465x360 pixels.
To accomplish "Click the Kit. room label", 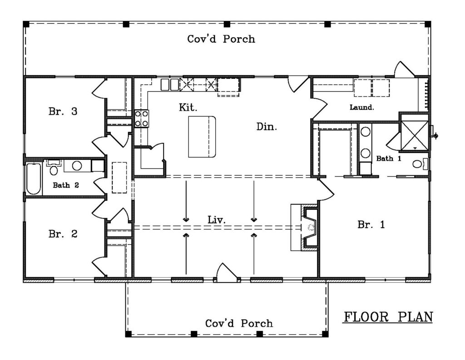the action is pos(188,107).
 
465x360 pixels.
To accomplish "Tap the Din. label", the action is pos(267,127).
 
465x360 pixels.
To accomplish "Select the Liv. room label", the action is pos(217,220).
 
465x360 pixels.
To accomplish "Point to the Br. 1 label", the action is pos(371,224).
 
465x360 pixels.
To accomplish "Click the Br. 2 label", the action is pos(63,234).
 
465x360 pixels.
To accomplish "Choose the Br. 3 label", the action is pos(63,112).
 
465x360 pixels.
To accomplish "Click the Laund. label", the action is pos(361,107).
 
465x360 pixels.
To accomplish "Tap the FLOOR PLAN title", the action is pos(388,317).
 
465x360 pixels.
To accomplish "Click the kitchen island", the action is pos(202,137).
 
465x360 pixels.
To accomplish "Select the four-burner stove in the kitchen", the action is pos(142,119).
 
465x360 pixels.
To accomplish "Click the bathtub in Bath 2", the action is pos(34,179).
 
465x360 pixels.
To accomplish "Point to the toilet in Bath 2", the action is pos(54,168).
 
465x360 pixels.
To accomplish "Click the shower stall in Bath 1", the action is pos(414,136).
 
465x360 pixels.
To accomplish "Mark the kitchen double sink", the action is pos(170,85).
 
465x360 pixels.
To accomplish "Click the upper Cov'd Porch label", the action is pos(221,39).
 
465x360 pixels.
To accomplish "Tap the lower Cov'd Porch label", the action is pos(239,324).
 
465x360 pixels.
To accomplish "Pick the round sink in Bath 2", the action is pos(77,166).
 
